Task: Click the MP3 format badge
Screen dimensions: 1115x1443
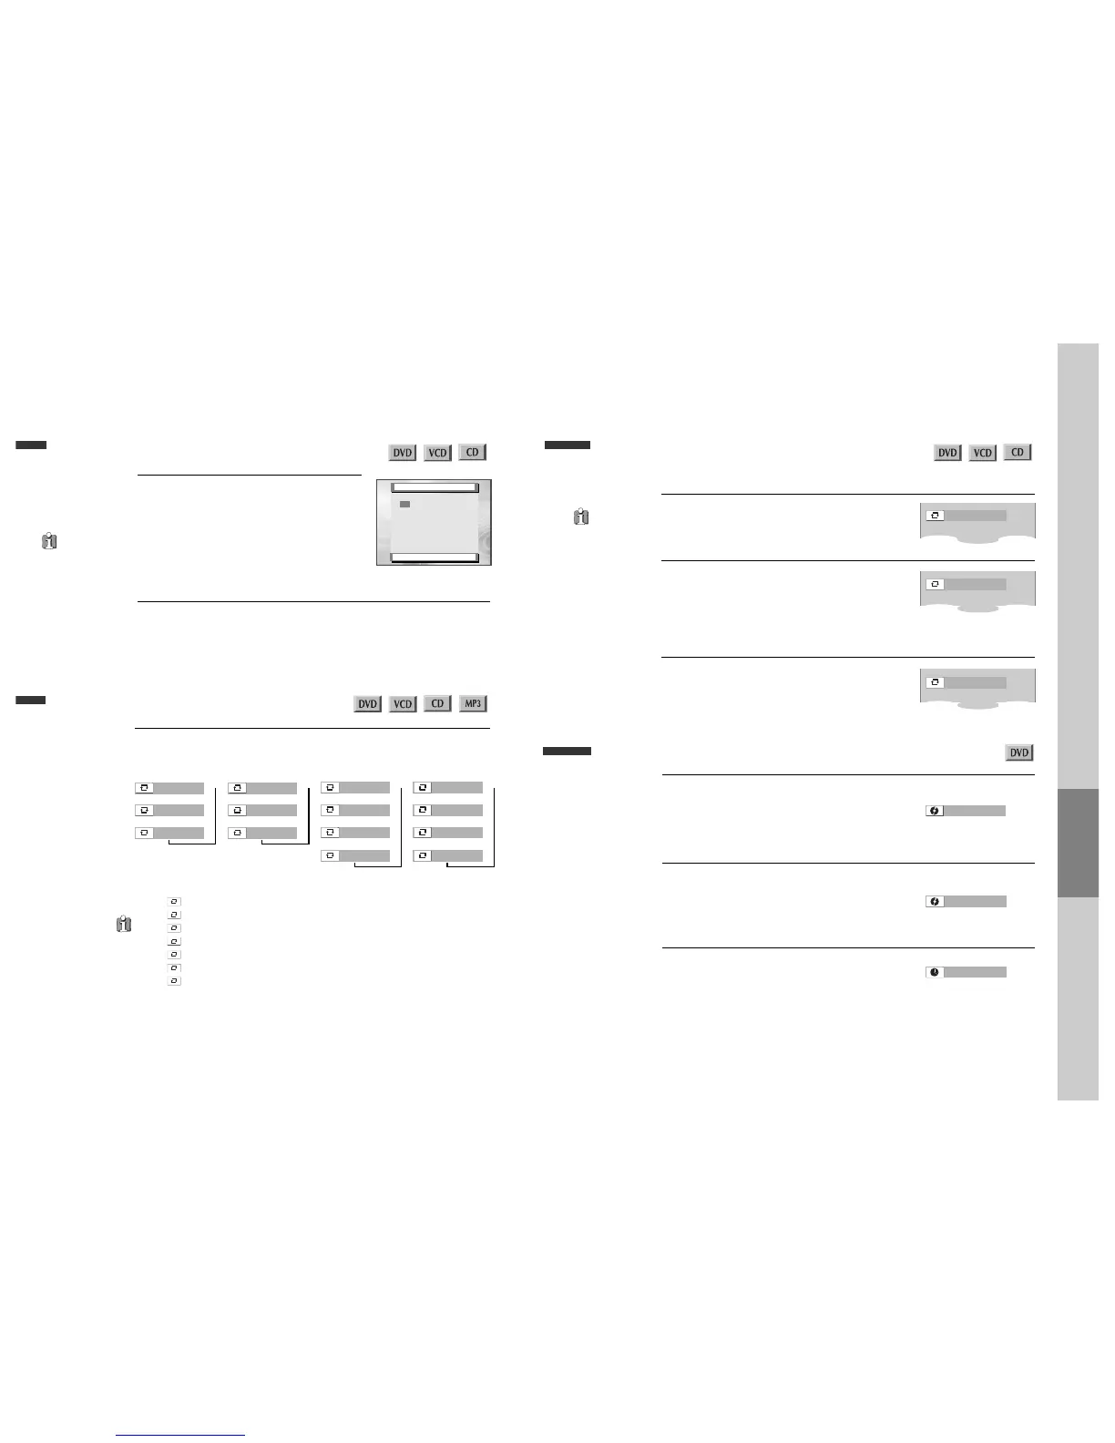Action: click(473, 703)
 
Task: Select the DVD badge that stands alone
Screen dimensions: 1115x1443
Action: click(1018, 752)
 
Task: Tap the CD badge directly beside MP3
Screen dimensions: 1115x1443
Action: click(437, 703)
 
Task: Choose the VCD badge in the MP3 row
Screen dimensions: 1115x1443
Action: click(403, 704)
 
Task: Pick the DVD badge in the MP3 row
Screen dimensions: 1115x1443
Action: click(367, 704)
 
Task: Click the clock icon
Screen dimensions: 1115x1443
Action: click(935, 972)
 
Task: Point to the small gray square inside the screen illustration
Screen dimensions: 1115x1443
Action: click(404, 504)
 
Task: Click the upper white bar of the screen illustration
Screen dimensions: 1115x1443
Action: click(434, 488)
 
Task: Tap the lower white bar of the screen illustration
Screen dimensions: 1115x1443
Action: click(434, 558)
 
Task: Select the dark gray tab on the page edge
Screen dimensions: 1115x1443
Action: click(1078, 843)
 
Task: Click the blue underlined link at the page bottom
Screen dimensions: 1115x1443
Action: click(180, 1435)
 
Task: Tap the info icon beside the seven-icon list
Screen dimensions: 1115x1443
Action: click(124, 924)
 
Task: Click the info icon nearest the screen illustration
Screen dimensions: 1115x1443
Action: click(49, 541)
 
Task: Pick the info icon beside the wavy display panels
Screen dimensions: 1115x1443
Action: click(581, 517)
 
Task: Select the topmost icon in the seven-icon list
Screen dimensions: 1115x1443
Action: click(175, 902)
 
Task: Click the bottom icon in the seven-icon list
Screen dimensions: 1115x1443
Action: click(175, 981)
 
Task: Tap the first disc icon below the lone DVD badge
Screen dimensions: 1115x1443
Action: click(935, 811)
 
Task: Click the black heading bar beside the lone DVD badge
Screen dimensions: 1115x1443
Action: click(567, 752)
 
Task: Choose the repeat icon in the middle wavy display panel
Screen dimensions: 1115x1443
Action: click(935, 584)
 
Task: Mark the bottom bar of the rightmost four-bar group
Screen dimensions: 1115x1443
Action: click(448, 855)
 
